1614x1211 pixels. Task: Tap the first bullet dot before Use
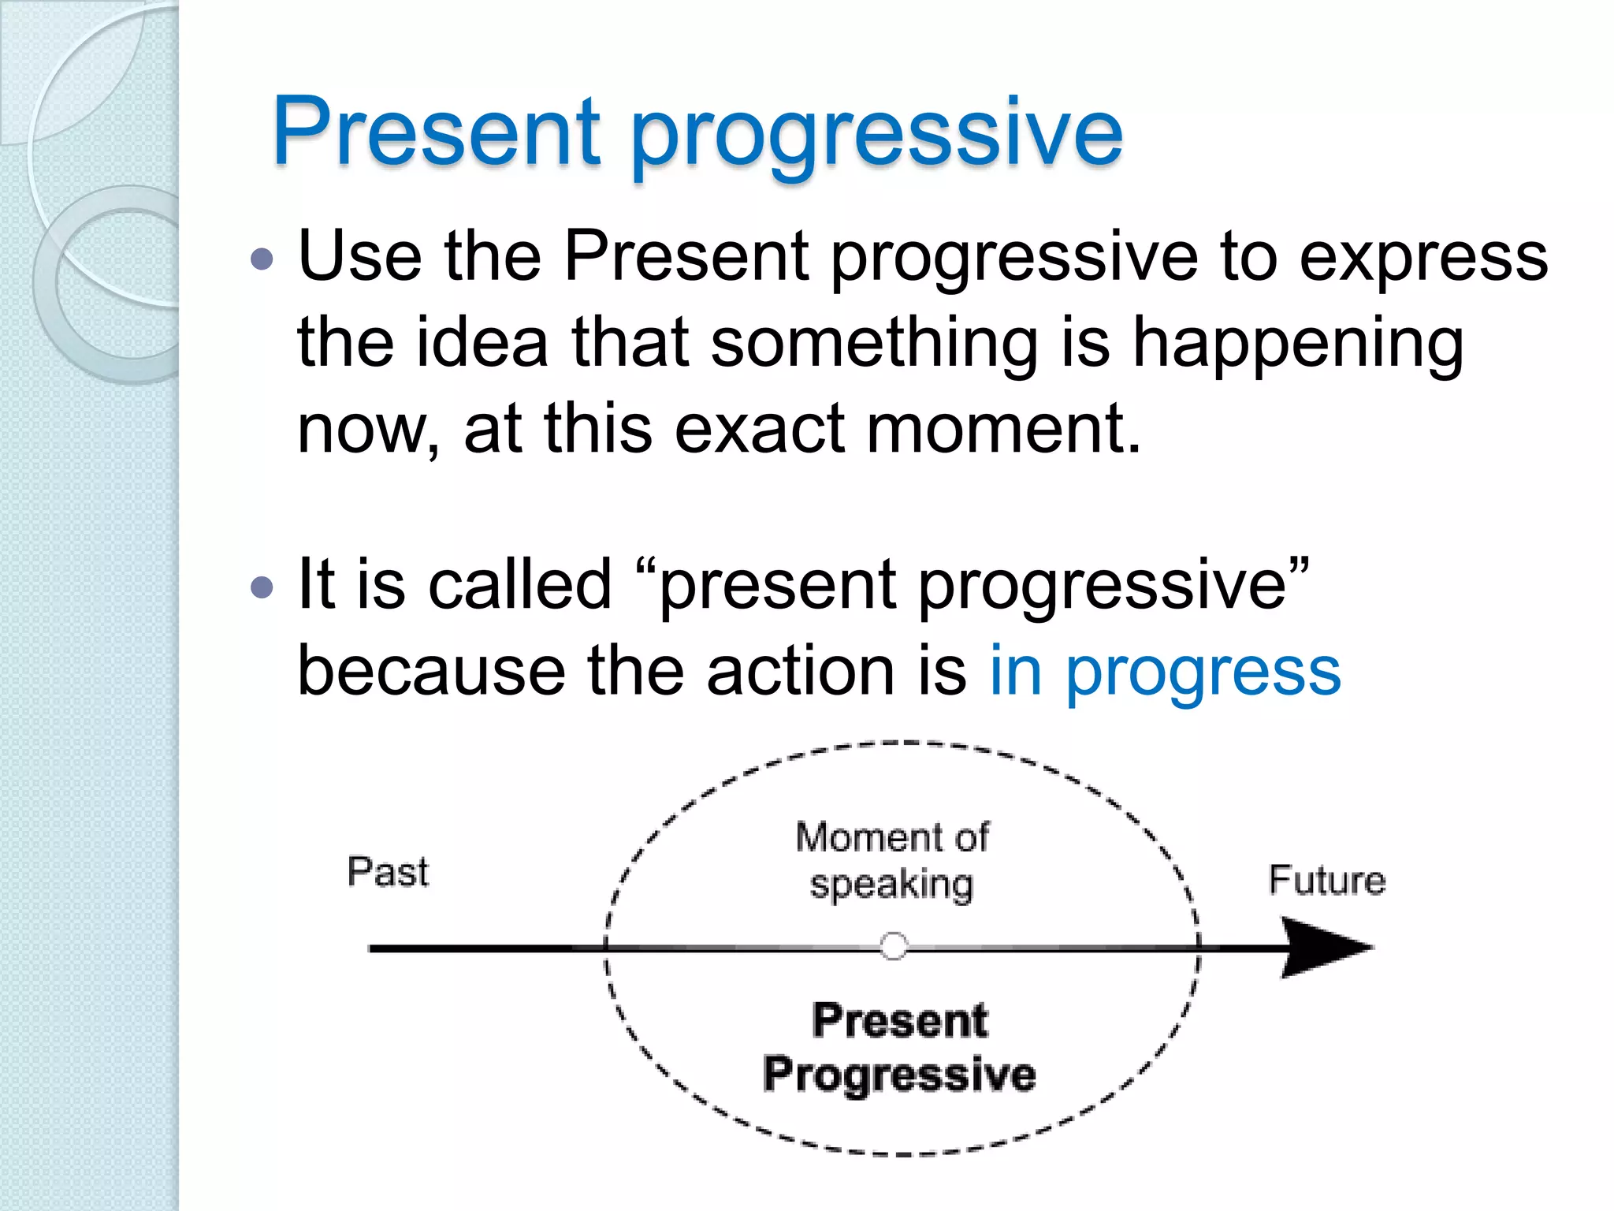[261, 259]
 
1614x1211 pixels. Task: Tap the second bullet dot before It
[261, 587]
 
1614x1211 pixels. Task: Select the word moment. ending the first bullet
[1003, 430]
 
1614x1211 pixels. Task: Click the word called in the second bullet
[520, 585]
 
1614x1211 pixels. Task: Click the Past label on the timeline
[388, 873]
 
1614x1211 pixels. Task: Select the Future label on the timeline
[1326, 881]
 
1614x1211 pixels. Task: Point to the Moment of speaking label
[892, 860]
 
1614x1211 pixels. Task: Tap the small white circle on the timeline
[894, 945]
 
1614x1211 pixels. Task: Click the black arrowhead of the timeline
[1324, 947]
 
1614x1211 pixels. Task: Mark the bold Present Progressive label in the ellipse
[899, 1049]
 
